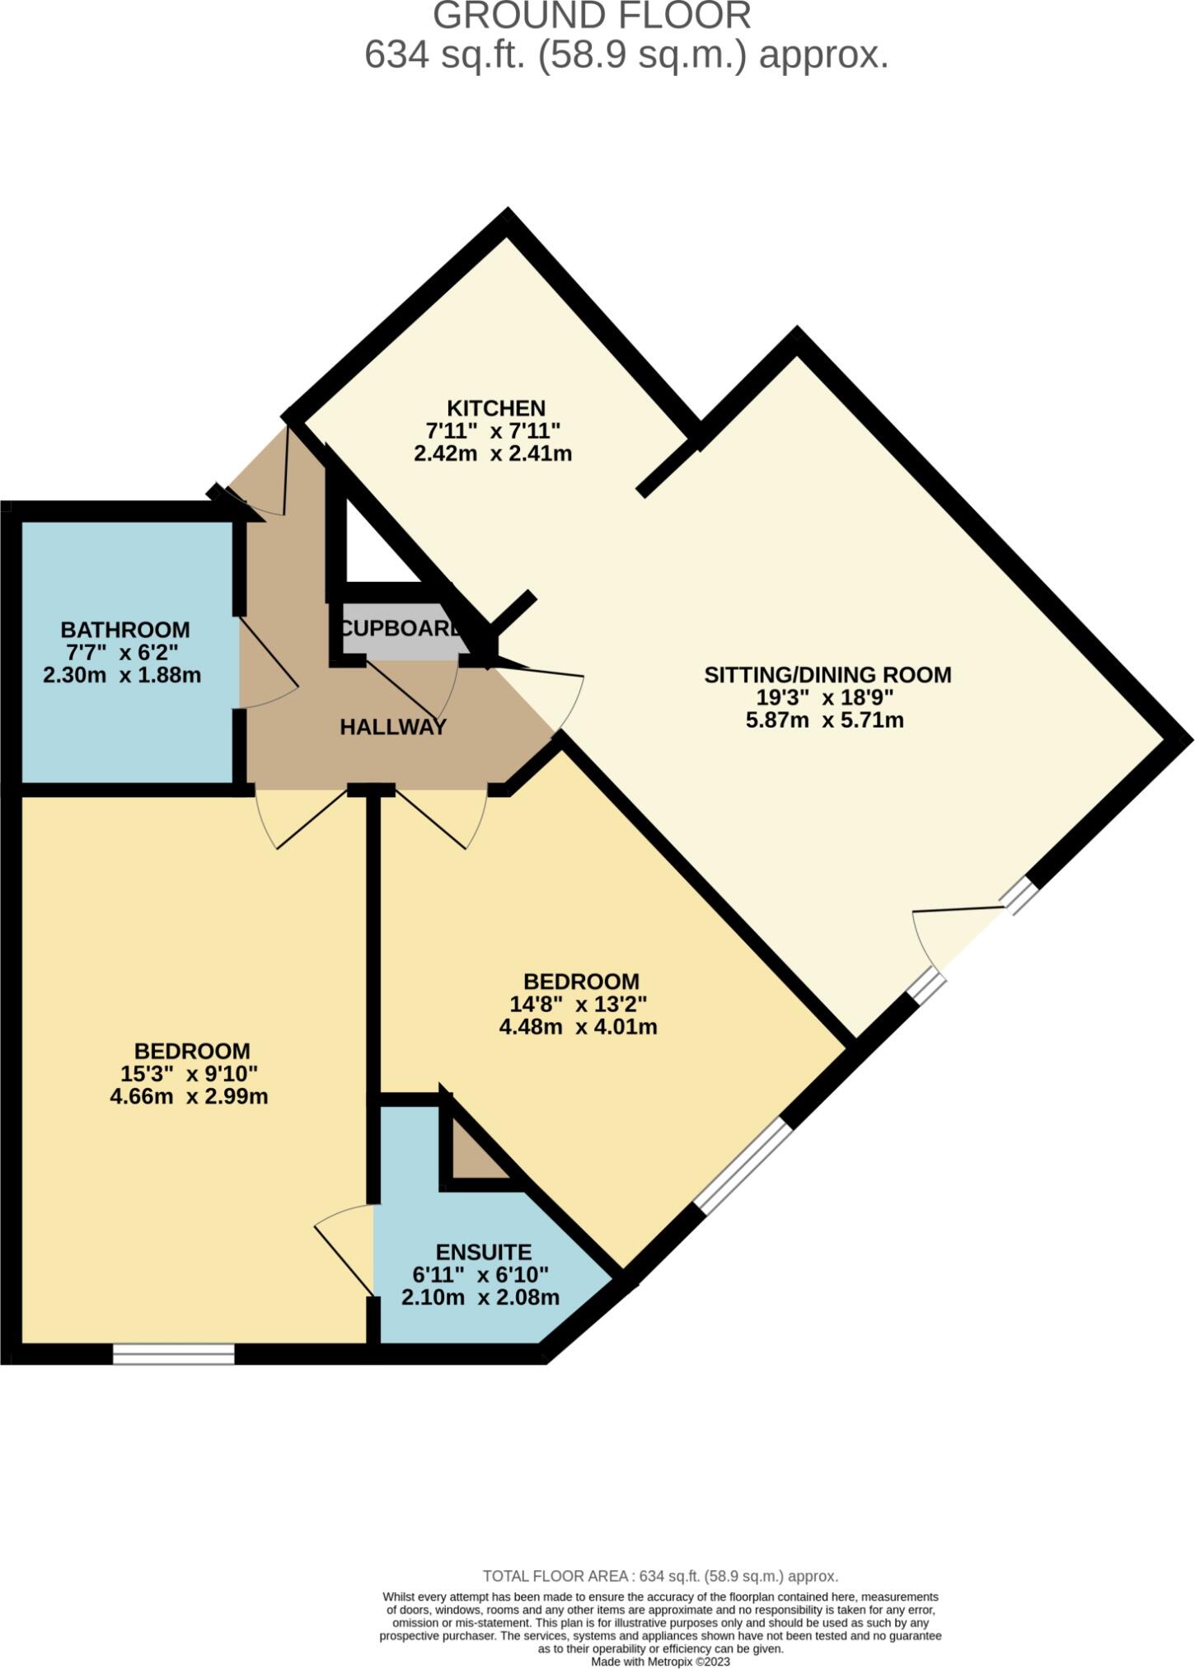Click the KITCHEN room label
[495, 408]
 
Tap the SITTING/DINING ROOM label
[827, 674]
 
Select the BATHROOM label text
[125, 630]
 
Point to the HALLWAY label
[393, 727]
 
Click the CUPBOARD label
[400, 629]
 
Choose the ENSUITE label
[483, 1252]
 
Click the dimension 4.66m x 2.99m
[189, 1097]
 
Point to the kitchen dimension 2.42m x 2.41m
[493, 453]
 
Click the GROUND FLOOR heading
[592, 16]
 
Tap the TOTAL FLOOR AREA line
[660, 1576]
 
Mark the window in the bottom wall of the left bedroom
[174, 1354]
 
